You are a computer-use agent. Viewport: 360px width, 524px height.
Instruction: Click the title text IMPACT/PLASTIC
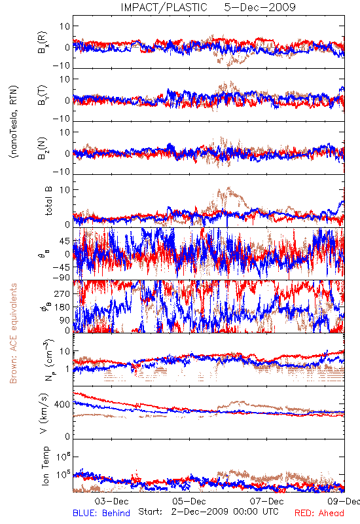[164, 7]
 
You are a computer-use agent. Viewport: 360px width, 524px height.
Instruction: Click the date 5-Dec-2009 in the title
[260, 7]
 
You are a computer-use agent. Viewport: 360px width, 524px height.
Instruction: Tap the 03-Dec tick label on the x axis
[111, 501]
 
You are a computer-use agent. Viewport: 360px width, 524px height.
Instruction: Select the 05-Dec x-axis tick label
[189, 501]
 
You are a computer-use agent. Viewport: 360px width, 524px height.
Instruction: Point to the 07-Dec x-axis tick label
[266, 501]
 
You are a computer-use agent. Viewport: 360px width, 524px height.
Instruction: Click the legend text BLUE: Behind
[101, 513]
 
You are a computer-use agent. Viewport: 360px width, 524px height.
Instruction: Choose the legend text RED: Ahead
[319, 513]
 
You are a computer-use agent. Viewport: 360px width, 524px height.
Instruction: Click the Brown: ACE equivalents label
[13, 333]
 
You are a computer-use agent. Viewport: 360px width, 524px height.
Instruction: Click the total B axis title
[48, 201]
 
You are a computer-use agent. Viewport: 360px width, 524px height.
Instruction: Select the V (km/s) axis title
[44, 413]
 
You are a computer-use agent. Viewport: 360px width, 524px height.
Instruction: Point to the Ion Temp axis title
[45, 466]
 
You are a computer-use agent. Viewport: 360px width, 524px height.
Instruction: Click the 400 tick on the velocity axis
[62, 405]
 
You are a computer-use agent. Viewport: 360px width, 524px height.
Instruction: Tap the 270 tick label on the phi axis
[62, 294]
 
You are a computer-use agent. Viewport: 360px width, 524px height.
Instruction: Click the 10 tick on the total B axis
[65, 190]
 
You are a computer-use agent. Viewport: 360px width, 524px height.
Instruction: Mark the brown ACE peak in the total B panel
[228, 188]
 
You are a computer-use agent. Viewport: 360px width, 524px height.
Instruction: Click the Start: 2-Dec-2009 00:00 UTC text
[208, 512]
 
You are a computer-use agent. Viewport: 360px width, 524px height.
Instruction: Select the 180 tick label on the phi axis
[62, 307]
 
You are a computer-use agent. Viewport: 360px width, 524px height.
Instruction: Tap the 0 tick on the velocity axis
[68, 436]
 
